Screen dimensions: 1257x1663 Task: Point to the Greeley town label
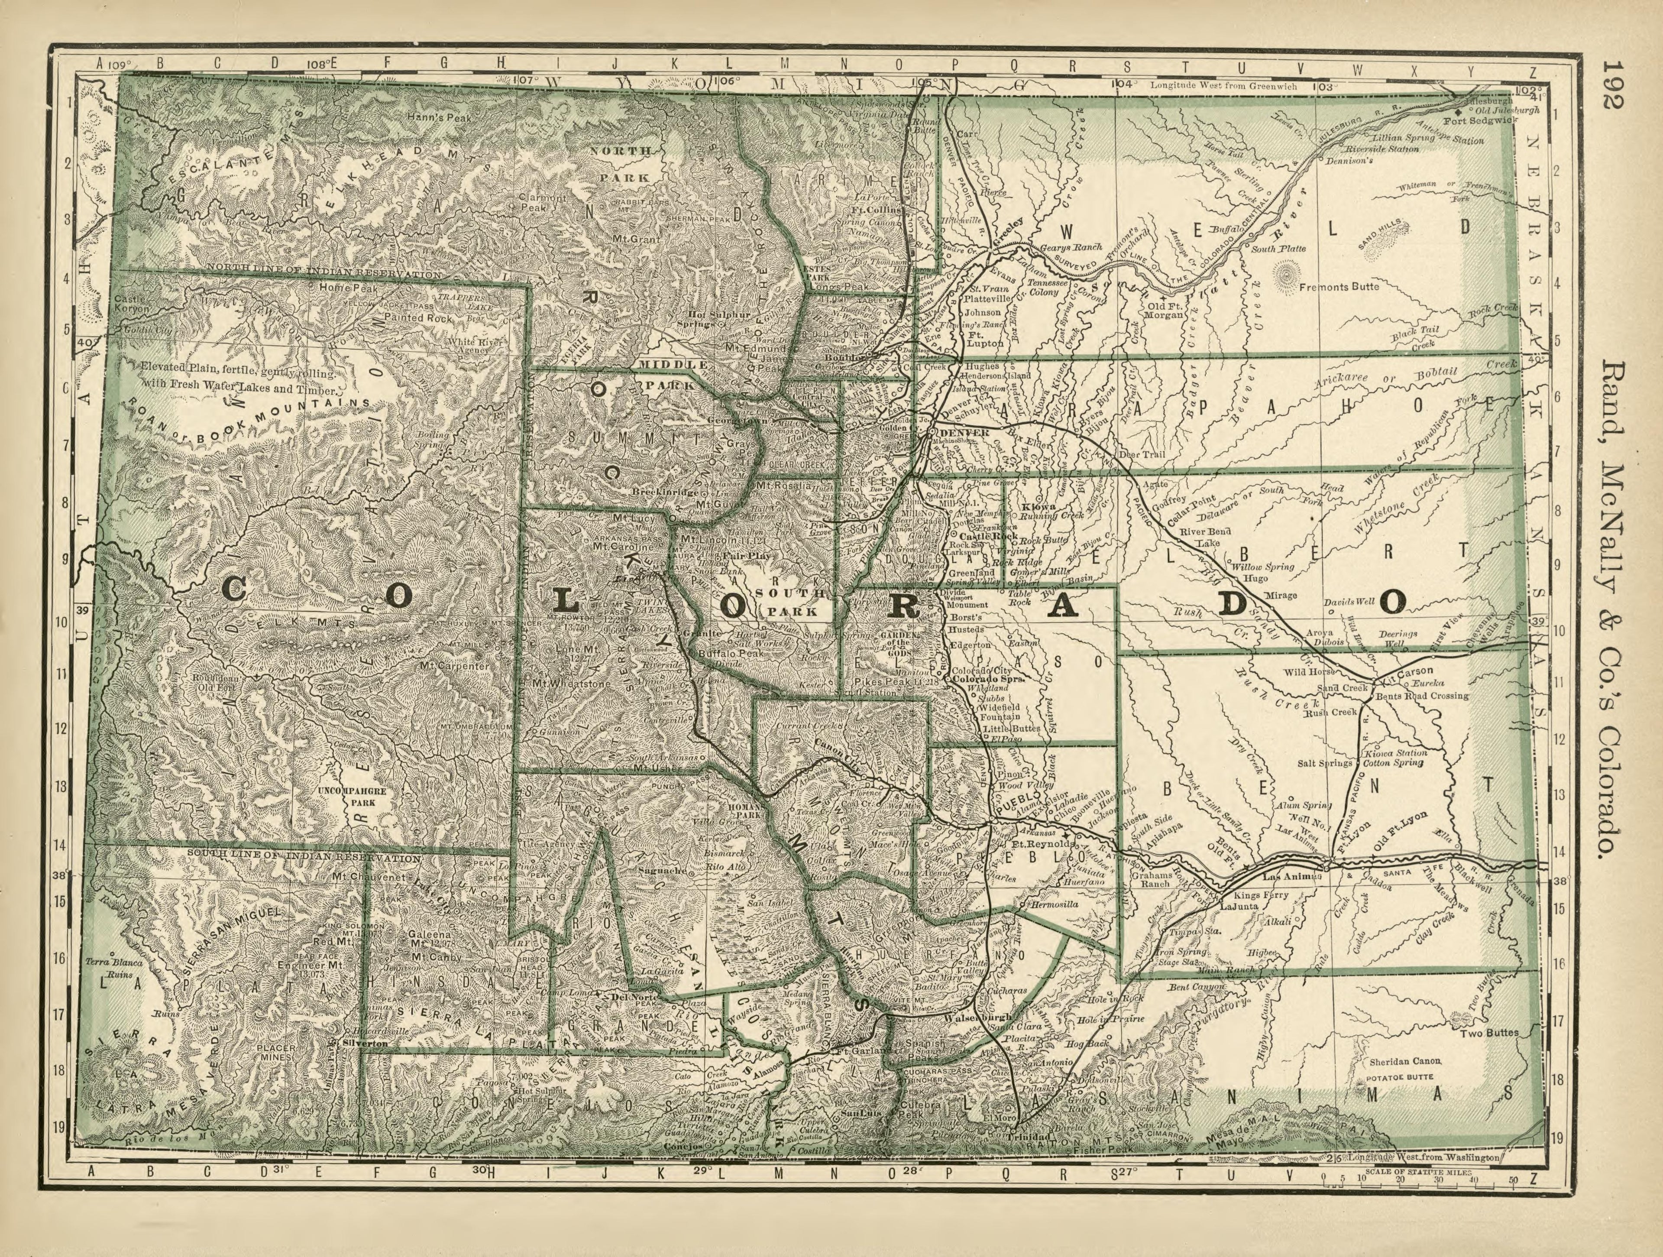coord(1007,224)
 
